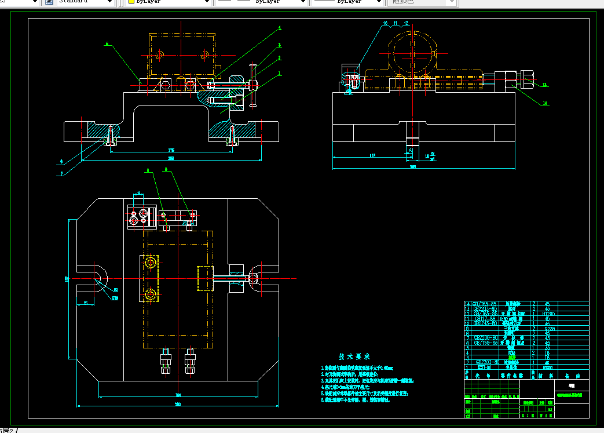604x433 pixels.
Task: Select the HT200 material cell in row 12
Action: point(547,314)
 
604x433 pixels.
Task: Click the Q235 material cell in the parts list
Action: point(547,328)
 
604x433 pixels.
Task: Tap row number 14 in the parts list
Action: point(468,304)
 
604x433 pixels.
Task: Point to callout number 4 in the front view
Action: point(280,28)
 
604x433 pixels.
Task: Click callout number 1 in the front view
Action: point(280,74)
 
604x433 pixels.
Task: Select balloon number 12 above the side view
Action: point(407,23)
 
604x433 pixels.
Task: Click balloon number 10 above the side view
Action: point(385,23)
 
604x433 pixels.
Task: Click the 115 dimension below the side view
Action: point(372,155)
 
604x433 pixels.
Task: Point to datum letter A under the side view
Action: point(411,150)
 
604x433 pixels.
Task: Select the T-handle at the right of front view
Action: point(252,85)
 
